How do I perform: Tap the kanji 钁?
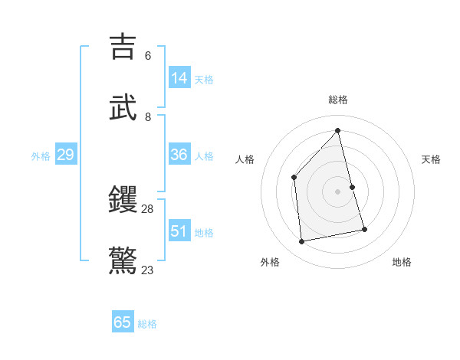[123, 200]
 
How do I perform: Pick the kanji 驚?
[123, 260]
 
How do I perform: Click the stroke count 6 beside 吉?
[148, 56]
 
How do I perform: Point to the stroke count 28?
[148, 209]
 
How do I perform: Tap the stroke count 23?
[148, 270]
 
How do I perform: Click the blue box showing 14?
[179, 78]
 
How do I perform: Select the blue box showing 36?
[179, 155]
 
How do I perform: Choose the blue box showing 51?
[179, 231]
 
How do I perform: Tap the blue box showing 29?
[65, 155]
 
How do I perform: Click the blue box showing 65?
[123, 322]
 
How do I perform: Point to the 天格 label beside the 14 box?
[204, 80]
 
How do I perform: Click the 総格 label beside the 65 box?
[147, 324]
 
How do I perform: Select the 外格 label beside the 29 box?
[41, 156]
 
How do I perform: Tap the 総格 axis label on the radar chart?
[338, 100]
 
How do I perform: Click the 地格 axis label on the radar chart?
[402, 262]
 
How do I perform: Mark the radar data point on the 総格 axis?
[338, 130]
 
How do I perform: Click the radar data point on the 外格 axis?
[302, 242]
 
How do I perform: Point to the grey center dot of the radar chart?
[338, 191]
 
